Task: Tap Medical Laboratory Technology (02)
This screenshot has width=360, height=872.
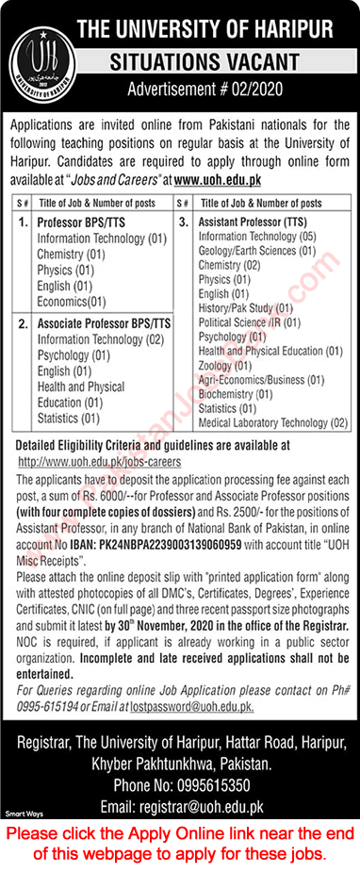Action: point(273,422)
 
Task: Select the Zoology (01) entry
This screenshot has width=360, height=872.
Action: point(224,365)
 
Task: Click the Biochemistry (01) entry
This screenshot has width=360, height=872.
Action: point(238,394)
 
